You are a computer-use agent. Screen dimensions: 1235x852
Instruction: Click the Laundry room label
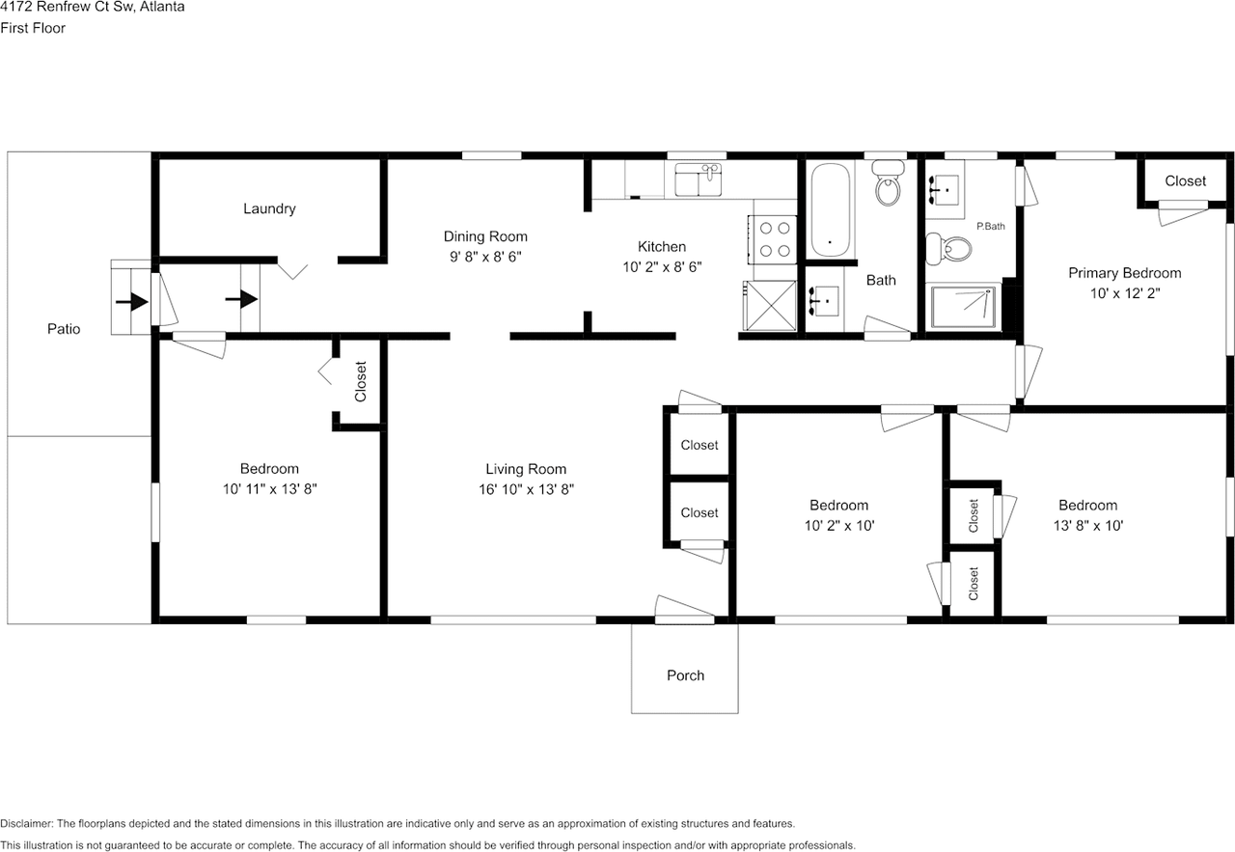point(269,208)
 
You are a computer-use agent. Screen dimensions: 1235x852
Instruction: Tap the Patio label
point(64,329)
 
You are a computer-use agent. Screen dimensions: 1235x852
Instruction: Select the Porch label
point(685,675)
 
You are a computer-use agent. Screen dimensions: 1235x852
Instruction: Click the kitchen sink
point(699,179)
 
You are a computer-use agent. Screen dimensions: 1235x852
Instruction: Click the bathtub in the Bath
point(830,209)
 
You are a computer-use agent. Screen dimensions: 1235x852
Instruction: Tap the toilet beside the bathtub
point(888,183)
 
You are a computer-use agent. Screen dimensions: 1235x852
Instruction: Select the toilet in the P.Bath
point(948,248)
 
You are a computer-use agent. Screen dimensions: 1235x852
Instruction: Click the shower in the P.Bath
point(965,307)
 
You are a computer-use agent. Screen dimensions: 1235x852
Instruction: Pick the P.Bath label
point(991,226)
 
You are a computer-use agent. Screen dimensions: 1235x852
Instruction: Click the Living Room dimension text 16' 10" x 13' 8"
point(526,489)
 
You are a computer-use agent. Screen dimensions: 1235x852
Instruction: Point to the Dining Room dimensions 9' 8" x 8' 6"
point(485,257)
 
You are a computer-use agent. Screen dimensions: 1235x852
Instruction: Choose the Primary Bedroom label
point(1125,273)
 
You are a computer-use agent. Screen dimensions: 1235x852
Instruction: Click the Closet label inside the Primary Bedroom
point(1186,180)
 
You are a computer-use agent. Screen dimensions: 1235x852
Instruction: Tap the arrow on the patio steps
point(131,301)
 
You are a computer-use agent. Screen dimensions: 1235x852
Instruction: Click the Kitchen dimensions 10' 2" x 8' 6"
point(662,267)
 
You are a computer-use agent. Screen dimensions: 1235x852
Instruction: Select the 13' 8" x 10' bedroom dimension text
point(1088,526)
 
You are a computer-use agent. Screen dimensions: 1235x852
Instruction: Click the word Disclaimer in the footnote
point(26,823)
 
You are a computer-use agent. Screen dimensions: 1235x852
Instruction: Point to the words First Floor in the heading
point(33,28)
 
